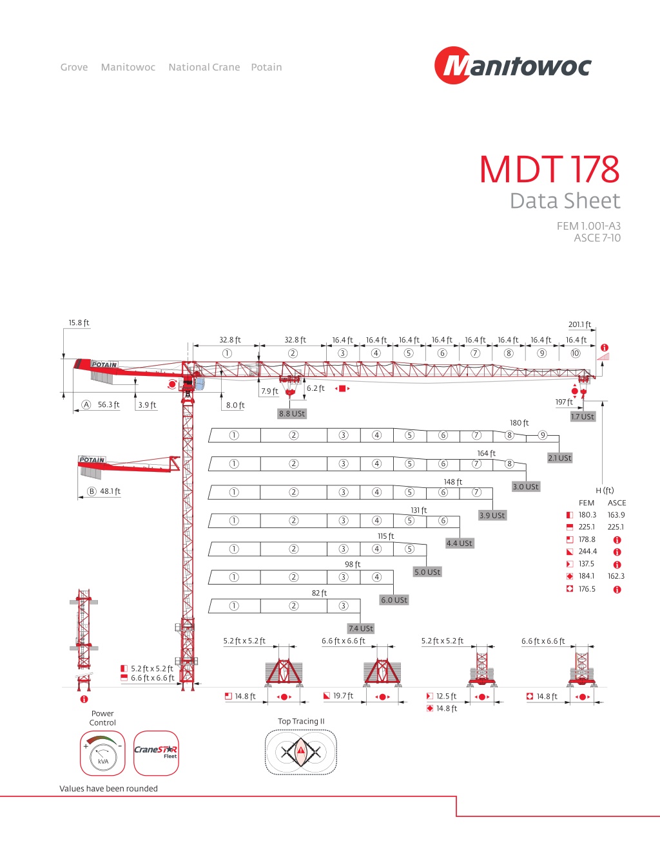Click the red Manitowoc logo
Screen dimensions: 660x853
point(512,65)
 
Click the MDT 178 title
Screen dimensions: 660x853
point(549,169)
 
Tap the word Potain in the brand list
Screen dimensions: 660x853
point(266,67)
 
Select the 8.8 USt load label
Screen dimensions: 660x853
point(292,413)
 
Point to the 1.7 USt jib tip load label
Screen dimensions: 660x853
point(583,417)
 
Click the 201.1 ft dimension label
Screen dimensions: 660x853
point(579,324)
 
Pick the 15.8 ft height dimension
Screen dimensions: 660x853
point(79,323)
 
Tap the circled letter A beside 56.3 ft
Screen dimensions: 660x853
point(86,405)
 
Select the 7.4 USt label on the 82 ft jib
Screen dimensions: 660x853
point(361,628)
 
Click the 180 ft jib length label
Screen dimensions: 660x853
point(519,423)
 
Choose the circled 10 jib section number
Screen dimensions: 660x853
point(575,353)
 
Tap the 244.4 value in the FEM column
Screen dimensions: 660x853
point(587,552)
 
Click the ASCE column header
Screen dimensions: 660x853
point(617,503)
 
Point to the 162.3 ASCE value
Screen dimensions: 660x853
point(616,576)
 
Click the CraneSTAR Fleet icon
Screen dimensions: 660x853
point(157,753)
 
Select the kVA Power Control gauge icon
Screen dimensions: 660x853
point(102,753)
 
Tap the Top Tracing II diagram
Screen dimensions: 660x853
point(300,752)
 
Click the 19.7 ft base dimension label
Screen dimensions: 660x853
point(344,696)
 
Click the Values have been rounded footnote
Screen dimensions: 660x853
point(108,789)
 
